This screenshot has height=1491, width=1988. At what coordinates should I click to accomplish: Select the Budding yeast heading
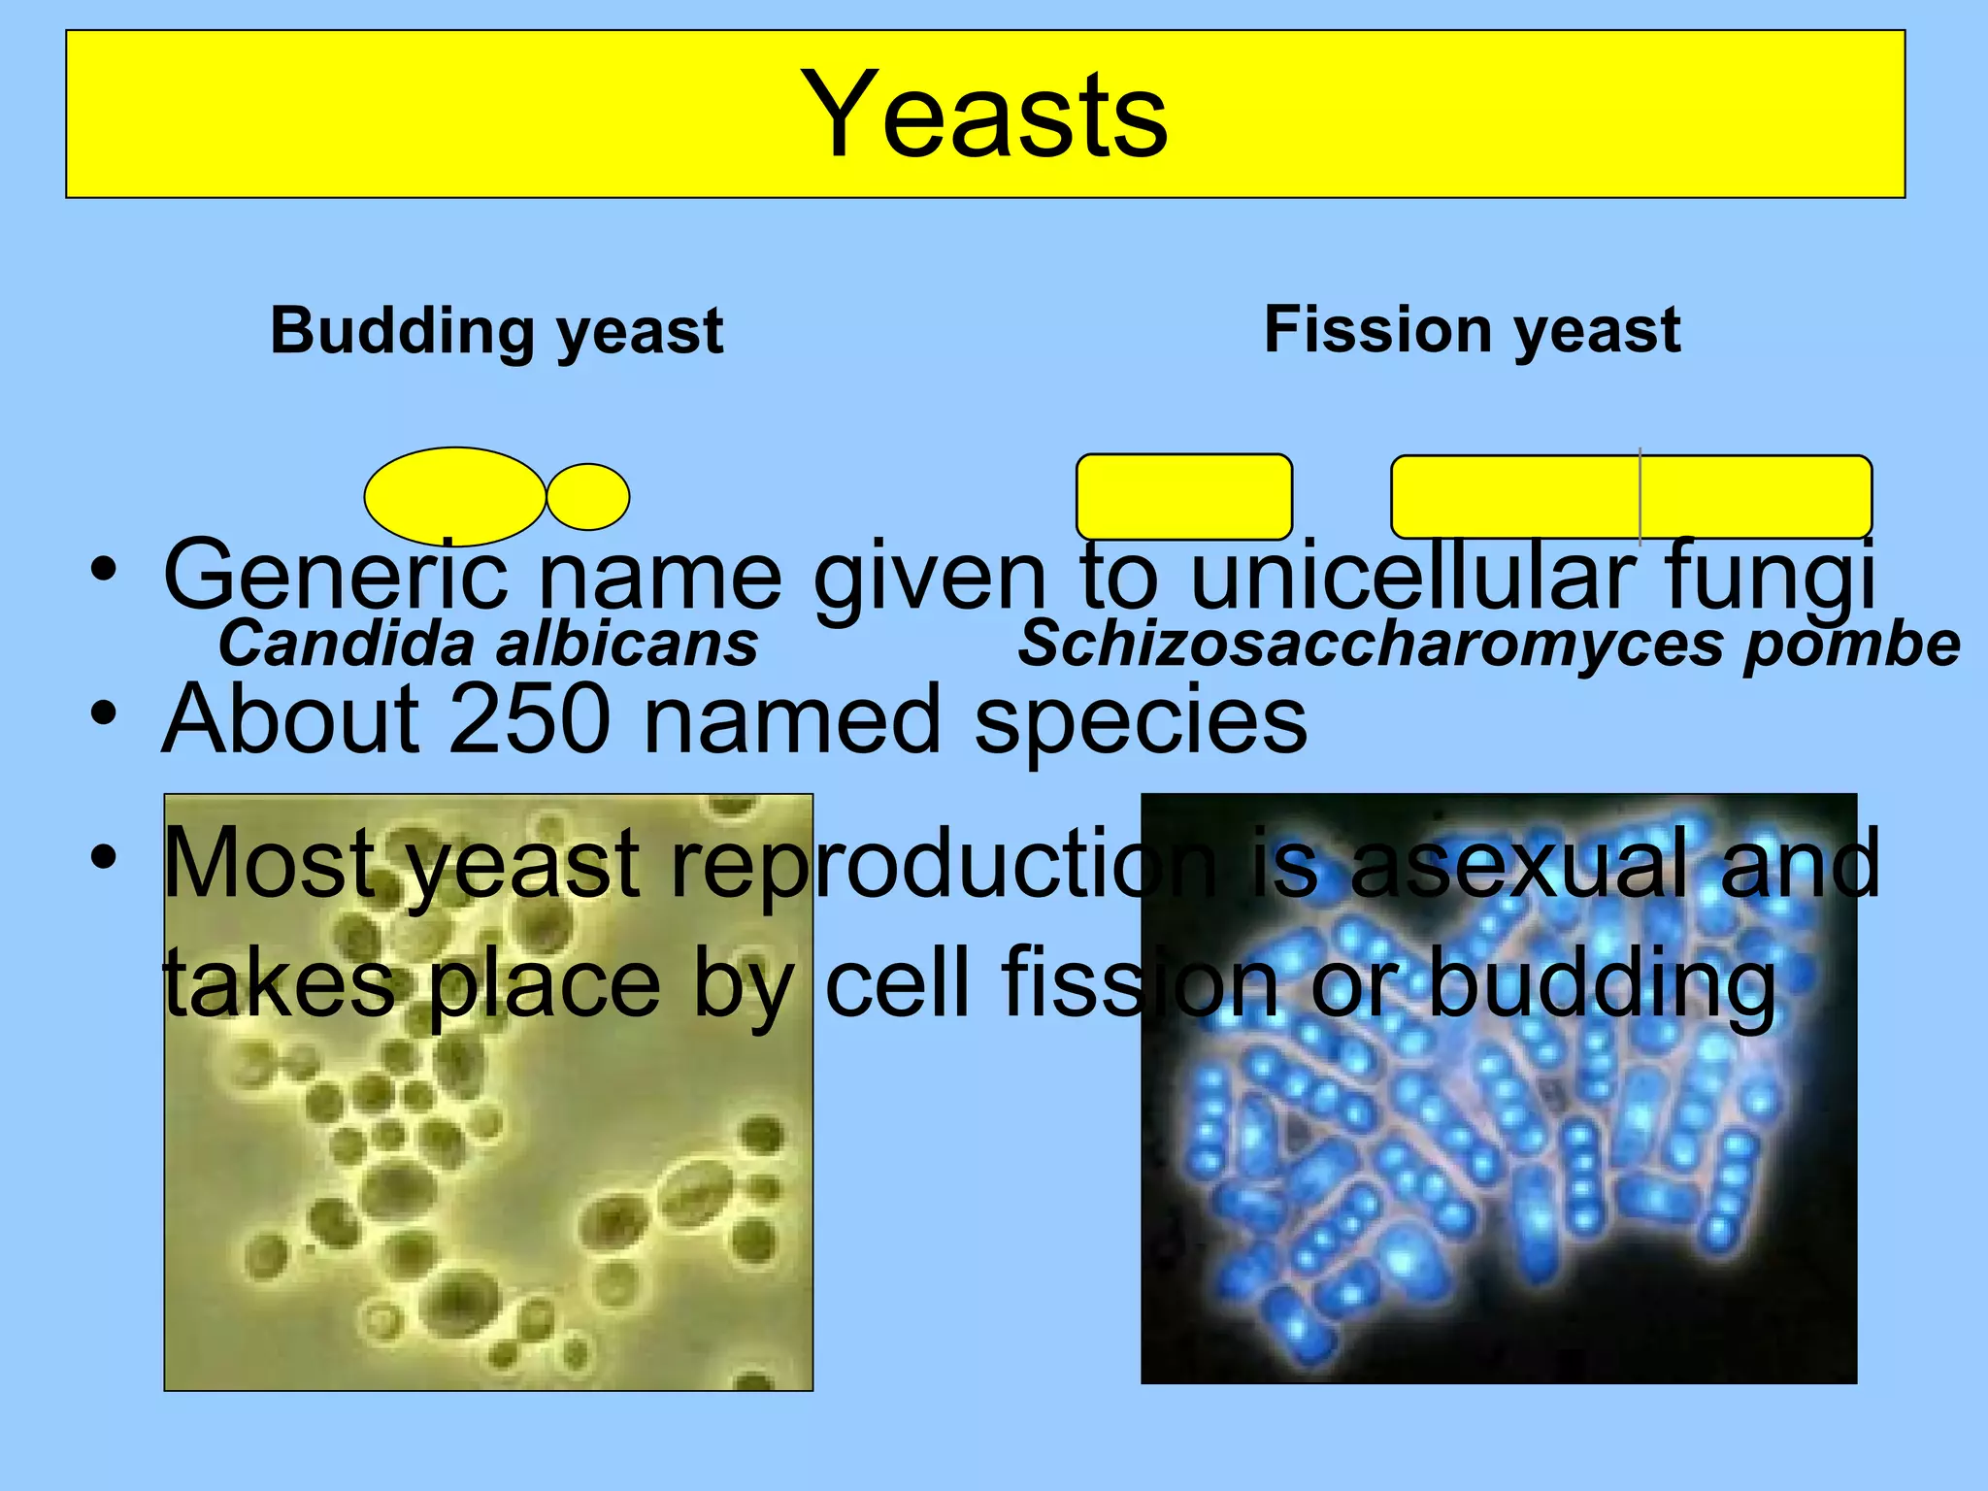coord(496,332)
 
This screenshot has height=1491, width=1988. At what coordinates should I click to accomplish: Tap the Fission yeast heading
coord(1472,330)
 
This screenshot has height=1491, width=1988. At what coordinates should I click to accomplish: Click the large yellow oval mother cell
coord(454,495)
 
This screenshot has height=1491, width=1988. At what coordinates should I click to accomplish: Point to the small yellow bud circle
coord(588,497)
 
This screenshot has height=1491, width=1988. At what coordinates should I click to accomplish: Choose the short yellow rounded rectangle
coord(1184,496)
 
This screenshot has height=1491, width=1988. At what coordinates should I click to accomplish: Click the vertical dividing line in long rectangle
coord(1640,495)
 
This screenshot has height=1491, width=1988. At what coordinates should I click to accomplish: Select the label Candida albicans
coord(487,644)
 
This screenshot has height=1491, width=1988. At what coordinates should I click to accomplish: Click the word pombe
coord(1851,646)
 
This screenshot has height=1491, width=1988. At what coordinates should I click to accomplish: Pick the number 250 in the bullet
coord(529,720)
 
